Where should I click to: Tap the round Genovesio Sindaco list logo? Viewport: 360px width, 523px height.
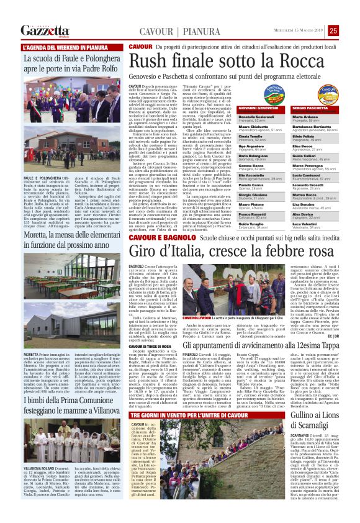click(x=274, y=94)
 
